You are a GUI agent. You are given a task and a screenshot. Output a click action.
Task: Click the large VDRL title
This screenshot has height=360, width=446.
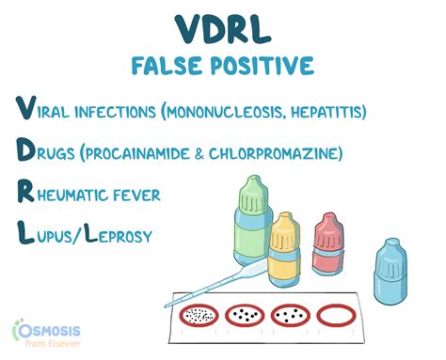(x=222, y=31)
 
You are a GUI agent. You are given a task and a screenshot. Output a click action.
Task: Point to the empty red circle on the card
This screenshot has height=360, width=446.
(x=339, y=315)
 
